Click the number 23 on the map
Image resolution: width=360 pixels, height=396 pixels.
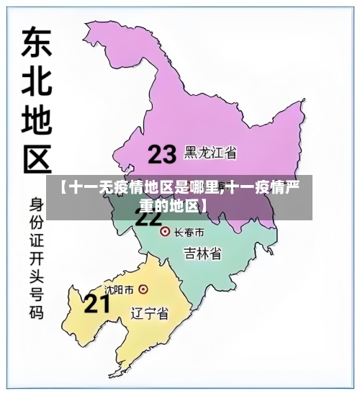pos(162,154)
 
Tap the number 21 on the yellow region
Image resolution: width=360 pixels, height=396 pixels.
pos(97,304)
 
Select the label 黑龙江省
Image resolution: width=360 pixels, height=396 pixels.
pos(211,153)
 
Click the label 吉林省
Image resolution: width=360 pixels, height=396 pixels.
pos(202,253)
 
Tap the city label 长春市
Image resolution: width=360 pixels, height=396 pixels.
pos(189,232)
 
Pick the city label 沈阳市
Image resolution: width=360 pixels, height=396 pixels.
pos(119,289)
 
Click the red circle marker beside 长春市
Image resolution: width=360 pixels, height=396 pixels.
pos(164,232)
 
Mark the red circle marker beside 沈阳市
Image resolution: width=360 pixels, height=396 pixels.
pos(143,289)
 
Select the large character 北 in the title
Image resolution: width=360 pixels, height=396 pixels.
pos(34,83)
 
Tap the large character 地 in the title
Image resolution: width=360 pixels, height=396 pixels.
pos(34,122)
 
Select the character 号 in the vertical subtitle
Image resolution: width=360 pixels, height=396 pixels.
pos(35,294)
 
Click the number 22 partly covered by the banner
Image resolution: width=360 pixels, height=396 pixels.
pos(149,219)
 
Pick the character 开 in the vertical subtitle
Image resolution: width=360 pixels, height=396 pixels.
pos(35,257)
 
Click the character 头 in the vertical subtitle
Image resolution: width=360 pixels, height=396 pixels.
pos(35,276)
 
